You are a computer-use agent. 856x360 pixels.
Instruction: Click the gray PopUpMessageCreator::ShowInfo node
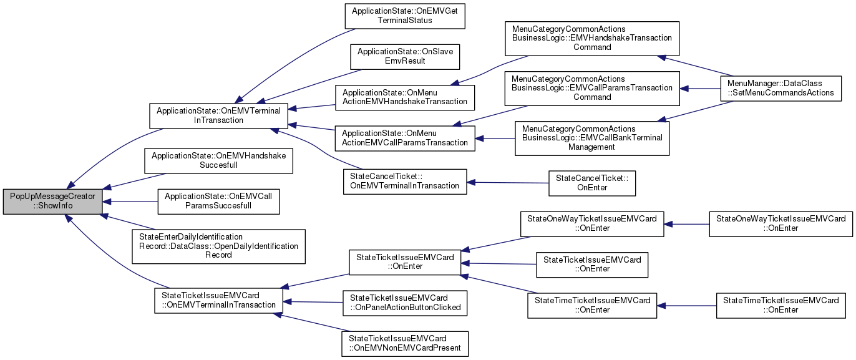coord(52,200)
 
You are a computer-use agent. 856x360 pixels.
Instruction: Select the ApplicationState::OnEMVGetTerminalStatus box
coord(405,16)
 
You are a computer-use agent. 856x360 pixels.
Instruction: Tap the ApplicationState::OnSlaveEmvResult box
coord(405,57)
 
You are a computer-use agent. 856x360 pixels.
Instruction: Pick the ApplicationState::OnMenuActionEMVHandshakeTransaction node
coord(405,97)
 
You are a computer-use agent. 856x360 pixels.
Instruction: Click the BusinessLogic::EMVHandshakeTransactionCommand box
coord(592,38)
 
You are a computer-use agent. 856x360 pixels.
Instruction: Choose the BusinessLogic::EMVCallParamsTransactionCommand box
coord(592,88)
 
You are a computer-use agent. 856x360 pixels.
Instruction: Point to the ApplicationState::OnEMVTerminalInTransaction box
coord(218,115)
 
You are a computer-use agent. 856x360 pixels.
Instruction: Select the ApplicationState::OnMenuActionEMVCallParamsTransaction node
coord(405,138)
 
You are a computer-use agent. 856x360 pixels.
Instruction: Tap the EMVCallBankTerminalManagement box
coord(591,138)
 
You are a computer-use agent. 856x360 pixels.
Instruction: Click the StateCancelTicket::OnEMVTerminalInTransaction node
coord(405,181)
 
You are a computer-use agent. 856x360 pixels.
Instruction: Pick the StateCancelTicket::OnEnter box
coord(591,182)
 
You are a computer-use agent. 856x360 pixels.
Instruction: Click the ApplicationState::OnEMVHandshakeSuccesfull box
coord(218,160)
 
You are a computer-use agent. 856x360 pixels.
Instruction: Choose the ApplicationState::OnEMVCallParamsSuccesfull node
coord(218,200)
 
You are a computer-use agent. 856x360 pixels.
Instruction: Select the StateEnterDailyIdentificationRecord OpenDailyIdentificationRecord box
coord(218,246)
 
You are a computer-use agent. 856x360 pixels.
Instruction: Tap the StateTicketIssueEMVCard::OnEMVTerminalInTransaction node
coord(218,300)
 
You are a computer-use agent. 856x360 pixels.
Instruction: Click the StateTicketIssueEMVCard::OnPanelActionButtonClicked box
coord(405,303)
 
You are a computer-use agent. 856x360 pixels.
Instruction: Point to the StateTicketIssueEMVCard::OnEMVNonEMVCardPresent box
coord(405,343)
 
